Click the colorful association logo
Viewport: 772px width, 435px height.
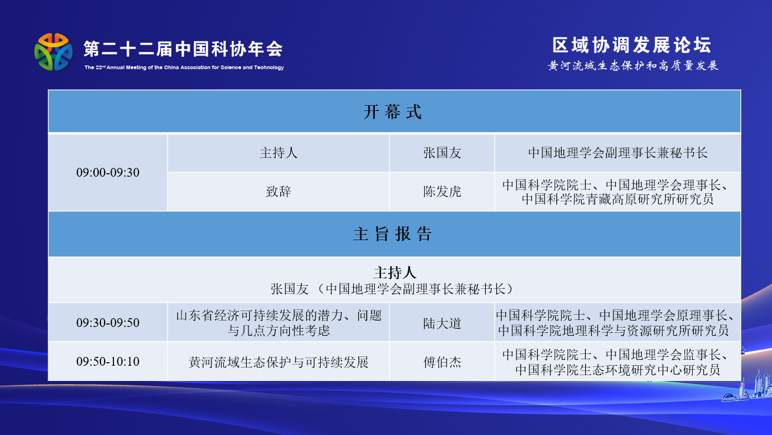pyautogui.click(x=53, y=52)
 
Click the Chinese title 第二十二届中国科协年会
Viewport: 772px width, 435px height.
pyautogui.click(x=183, y=49)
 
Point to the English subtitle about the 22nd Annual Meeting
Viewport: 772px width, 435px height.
pyautogui.click(x=184, y=68)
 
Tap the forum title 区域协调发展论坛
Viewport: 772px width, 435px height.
pyautogui.click(x=632, y=45)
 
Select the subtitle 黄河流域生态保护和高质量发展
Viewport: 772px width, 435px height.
pyautogui.click(x=633, y=65)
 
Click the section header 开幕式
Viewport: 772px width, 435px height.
pyautogui.click(x=392, y=112)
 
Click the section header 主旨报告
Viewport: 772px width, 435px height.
pyautogui.click(x=392, y=234)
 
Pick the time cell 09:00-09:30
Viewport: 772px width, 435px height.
pyautogui.click(x=108, y=173)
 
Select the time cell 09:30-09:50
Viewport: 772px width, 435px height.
pyautogui.click(x=108, y=323)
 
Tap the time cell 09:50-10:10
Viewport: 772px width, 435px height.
pyautogui.click(x=108, y=361)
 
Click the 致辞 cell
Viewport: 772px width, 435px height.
pyautogui.click(x=278, y=191)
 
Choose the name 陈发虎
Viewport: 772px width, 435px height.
pyautogui.click(x=442, y=191)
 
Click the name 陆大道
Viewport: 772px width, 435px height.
pyautogui.click(x=442, y=323)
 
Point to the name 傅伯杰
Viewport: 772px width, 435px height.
pyautogui.click(x=442, y=362)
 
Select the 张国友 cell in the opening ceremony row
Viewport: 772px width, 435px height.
pyautogui.click(x=442, y=153)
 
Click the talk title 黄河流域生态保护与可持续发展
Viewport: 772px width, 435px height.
pyautogui.click(x=278, y=362)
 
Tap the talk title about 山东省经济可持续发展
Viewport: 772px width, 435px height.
pyautogui.click(x=279, y=323)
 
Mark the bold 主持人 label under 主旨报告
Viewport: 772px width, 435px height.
pyautogui.click(x=395, y=273)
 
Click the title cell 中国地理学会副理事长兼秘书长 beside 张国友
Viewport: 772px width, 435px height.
pyautogui.click(x=617, y=153)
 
